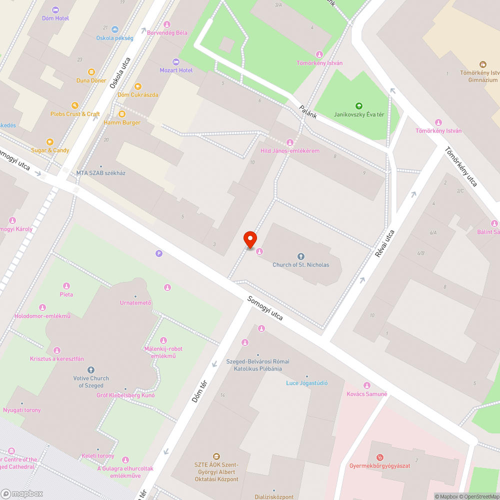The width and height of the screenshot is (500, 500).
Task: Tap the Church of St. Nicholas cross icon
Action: point(300,256)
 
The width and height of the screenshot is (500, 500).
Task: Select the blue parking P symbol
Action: point(159,253)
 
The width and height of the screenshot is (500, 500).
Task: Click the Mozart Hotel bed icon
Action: point(175,62)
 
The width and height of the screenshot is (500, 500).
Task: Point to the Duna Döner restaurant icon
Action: point(91,72)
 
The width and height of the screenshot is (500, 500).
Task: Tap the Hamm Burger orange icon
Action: point(122,114)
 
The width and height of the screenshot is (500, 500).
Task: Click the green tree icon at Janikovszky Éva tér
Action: point(358,106)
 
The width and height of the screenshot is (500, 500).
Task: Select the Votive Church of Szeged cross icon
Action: point(91,370)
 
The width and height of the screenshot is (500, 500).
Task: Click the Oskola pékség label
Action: point(115,38)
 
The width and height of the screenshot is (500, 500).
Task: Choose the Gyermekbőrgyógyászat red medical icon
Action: point(380,457)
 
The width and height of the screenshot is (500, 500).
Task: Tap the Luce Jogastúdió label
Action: point(306,383)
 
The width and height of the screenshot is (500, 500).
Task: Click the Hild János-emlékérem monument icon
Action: point(289,142)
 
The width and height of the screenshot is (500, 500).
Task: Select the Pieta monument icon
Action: point(66,286)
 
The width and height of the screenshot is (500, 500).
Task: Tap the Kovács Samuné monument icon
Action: point(366,385)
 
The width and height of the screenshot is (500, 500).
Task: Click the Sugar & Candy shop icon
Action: point(50,142)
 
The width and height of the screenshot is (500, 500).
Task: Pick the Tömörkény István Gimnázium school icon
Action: point(482,64)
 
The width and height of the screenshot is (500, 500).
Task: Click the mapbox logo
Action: point(22,493)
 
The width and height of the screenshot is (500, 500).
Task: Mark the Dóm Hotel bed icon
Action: point(55,10)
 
